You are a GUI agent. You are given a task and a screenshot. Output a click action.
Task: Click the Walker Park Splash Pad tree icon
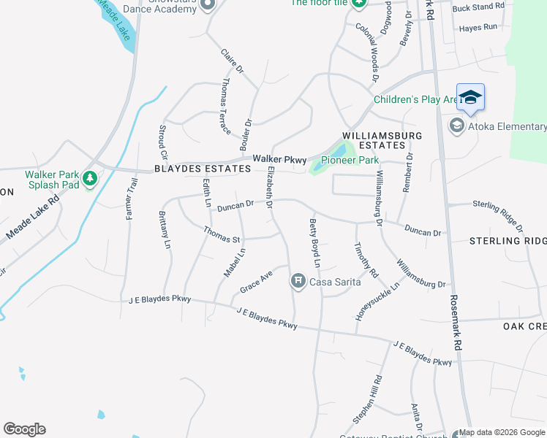89,178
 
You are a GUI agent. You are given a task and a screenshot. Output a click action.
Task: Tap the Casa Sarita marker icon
298,280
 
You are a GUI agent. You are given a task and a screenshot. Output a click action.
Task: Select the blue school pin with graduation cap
470,98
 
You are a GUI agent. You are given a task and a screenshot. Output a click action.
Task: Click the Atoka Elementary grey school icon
456,126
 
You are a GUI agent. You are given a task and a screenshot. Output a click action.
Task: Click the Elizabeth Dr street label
270,188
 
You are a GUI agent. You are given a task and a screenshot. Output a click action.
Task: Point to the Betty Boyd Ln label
315,242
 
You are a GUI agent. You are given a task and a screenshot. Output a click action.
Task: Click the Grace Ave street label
256,281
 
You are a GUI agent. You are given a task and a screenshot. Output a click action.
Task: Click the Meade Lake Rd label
32,218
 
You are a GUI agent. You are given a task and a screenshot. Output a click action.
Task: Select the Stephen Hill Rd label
368,400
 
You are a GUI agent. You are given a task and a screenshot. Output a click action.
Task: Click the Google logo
24,429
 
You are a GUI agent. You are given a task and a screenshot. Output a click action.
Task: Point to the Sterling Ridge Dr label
498,212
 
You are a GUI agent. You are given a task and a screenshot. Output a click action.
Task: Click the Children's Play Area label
415,99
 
